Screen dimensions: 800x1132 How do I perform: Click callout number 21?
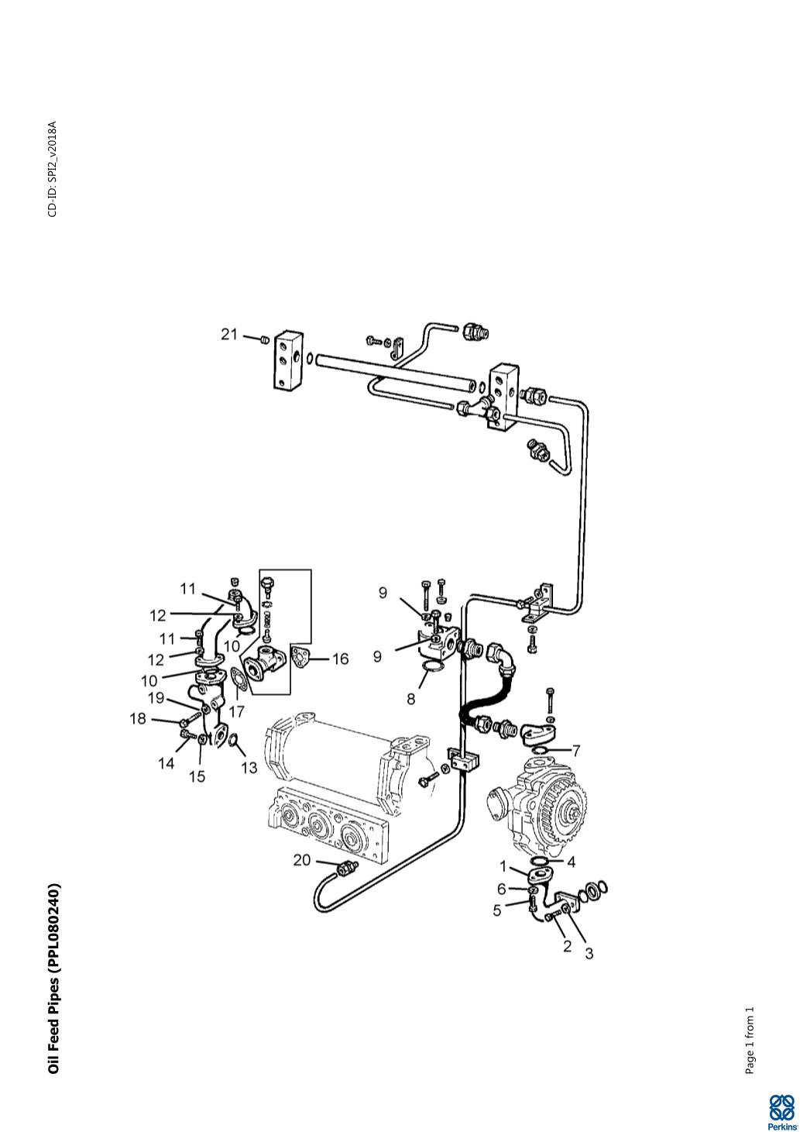click(x=228, y=335)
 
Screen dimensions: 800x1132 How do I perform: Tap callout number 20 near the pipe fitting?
click(x=301, y=859)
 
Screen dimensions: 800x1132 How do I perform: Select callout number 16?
click(x=341, y=659)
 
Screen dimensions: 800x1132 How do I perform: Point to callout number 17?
click(x=236, y=711)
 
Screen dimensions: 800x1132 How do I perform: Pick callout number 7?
click(x=575, y=751)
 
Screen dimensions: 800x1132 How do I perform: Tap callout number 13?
click(x=249, y=768)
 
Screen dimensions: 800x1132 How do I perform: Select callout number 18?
click(x=138, y=718)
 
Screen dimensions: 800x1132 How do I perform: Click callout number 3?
click(x=589, y=954)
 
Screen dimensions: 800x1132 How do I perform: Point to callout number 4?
click(x=572, y=862)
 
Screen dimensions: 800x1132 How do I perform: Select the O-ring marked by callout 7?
click(x=539, y=750)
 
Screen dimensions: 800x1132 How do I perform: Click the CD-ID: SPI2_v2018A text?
click(x=53, y=169)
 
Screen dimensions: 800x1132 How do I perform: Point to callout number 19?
click(x=156, y=698)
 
